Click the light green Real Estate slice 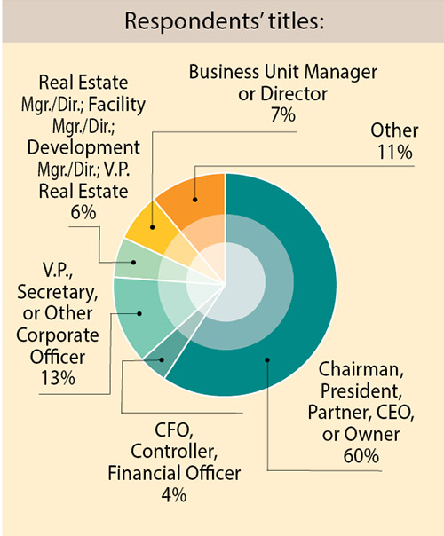tap(131, 264)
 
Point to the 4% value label tap(174, 495)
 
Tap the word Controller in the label tap(174, 453)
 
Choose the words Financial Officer tap(174, 474)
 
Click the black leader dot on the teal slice tap(266, 360)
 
